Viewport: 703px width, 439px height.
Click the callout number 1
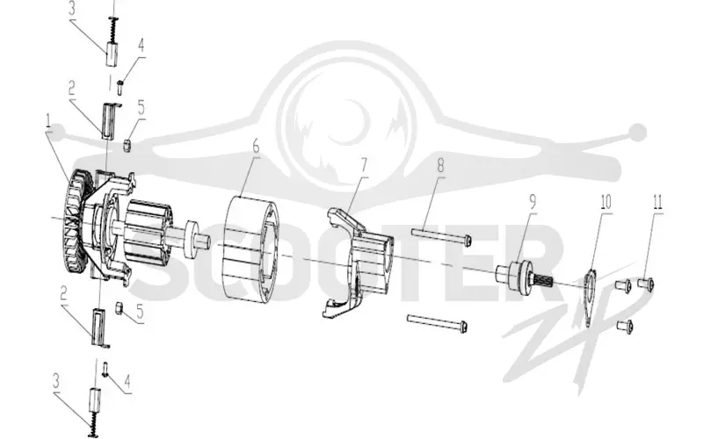48,120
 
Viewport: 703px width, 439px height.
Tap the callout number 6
256,146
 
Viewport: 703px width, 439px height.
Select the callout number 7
364,165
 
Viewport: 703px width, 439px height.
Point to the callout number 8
440,165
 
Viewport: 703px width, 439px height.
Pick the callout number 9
533,202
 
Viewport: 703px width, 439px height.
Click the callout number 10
605,202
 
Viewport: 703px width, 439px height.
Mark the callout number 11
657,202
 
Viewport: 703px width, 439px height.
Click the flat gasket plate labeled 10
591,297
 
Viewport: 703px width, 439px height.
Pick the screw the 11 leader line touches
645,283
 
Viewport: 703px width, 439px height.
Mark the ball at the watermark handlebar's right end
637,132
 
